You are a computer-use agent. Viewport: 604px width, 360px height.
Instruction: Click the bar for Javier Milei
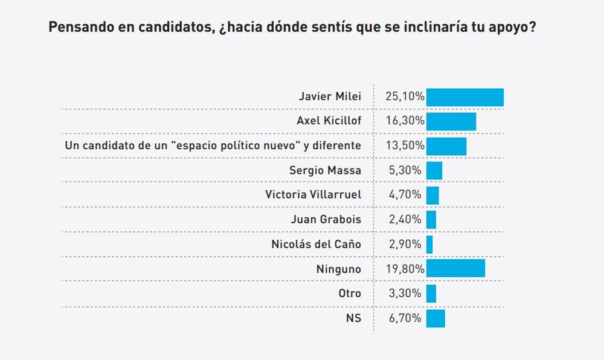[x=464, y=97]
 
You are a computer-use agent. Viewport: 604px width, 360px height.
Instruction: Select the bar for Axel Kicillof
[x=451, y=121]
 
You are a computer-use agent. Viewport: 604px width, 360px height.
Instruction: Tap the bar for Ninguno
[x=455, y=268]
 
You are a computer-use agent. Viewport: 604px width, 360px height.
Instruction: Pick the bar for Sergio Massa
[x=434, y=170]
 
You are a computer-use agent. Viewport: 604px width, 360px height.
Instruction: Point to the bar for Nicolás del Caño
[x=429, y=244]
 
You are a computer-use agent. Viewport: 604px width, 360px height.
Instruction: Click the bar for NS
[x=435, y=318]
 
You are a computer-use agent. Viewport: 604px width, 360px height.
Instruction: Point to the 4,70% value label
[x=403, y=194]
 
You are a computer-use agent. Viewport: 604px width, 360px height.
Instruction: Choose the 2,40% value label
[x=403, y=219]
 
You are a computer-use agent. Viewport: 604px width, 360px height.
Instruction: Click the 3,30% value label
[x=403, y=294]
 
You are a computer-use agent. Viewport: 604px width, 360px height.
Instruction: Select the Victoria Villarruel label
[x=313, y=194]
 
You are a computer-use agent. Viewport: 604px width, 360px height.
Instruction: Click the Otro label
[x=350, y=294]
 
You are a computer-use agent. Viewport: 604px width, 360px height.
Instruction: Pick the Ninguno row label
[x=339, y=268]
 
